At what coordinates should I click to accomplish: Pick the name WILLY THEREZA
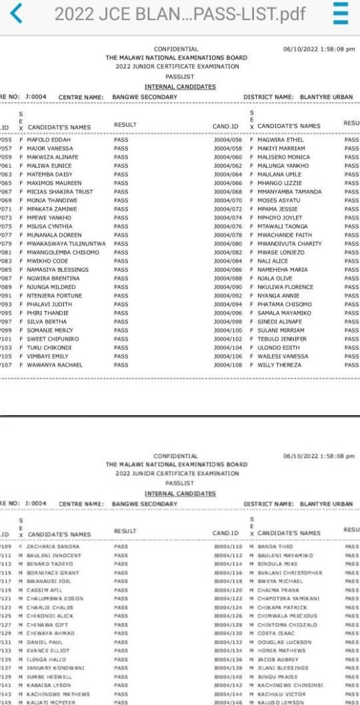point(279,365)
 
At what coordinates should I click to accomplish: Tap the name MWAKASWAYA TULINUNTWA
point(66,244)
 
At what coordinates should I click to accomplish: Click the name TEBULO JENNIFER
point(282,339)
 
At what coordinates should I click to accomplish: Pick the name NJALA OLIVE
point(276,278)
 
